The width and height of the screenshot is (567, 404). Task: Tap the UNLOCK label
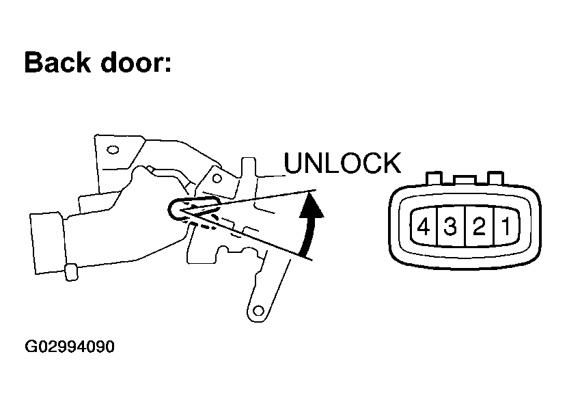tap(342, 163)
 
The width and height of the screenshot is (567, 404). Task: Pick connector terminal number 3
tap(450, 226)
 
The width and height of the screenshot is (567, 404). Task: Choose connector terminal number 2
tap(478, 226)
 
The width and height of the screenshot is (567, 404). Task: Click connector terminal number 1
tap(505, 226)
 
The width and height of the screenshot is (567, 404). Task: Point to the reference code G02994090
tap(69, 347)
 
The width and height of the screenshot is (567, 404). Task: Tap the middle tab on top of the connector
tap(462, 179)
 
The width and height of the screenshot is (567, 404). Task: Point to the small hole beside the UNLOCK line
tap(217, 179)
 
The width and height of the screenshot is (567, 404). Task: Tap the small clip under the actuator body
tap(70, 272)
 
